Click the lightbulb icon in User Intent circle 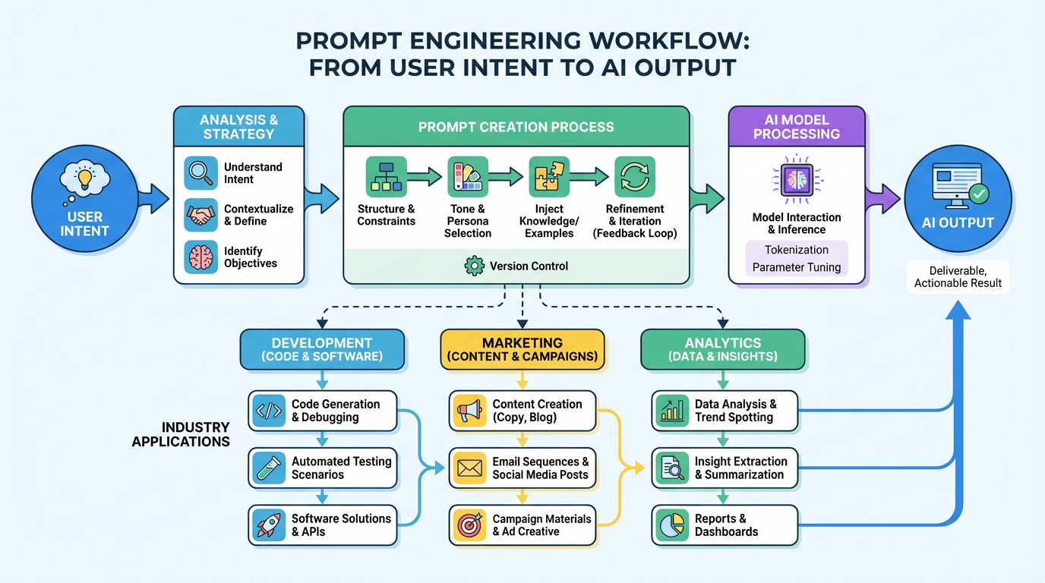tap(84, 179)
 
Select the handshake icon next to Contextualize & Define tap(201, 215)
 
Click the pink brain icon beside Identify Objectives tap(201, 257)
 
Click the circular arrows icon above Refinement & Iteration tap(634, 177)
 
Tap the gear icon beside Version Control tap(474, 266)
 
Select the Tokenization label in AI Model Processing tap(797, 250)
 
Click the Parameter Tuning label tap(797, 267)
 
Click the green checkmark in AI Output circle tap(979, 194)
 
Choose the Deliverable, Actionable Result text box tap(958, 277)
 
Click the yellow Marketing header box tap(522, 349)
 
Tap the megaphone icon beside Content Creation tap(469, 411)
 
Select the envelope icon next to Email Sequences tap(469, 468)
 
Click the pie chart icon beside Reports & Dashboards tap(672, 525)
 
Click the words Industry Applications tap(182, 434)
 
